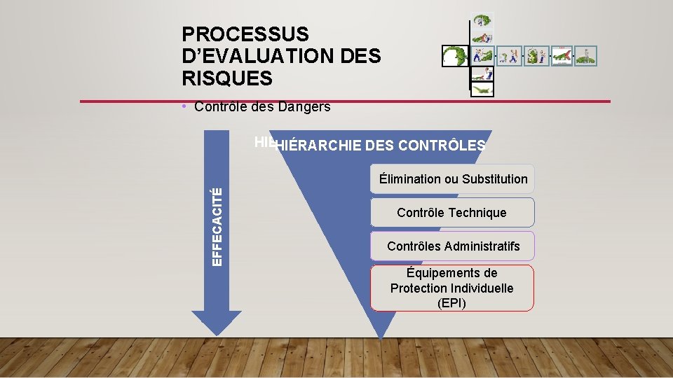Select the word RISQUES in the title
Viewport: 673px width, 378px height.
click(226, 79)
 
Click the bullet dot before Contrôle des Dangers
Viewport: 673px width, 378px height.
click(182, 107)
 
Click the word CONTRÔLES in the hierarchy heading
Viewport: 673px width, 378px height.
click(441, 146)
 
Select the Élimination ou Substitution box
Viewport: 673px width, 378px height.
click(453, 178)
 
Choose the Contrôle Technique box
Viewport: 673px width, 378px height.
click(451, 213)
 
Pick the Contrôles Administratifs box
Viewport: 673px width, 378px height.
click(453, 246)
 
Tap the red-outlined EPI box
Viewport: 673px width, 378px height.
click(451, 288)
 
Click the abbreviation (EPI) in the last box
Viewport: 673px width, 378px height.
click(451, 303)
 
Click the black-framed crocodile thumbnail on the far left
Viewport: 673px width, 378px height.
click(455, 56)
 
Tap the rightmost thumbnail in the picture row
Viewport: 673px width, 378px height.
click(586, 56)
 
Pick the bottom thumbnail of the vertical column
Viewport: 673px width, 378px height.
click(482, 89)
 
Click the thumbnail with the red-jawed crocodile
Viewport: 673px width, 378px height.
click(562, 56)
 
